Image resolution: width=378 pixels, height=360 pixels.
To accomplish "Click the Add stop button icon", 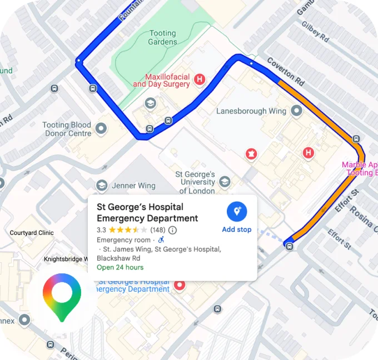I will (x=237, y=211).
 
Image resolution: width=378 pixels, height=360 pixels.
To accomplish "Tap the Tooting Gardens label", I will (x=162, y=38).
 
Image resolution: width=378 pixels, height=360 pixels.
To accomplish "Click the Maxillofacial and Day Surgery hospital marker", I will (x=200, y=81).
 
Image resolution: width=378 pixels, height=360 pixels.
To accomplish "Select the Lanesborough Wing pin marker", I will (x=297, y=111).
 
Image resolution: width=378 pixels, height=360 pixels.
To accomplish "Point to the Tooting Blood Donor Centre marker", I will (x=101, y=129).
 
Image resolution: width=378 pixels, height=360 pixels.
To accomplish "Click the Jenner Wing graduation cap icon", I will (x=101, y=186).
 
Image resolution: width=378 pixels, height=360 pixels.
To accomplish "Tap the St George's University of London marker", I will (x=225, y=182).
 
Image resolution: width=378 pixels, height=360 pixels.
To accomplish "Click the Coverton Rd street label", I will (x=286, y=71).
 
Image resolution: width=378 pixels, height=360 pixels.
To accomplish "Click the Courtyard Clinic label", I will (x=32, y=233).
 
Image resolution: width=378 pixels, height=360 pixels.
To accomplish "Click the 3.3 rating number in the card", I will (x=101, y=229).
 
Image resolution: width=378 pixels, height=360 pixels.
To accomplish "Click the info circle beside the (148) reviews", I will (x=172, y=230).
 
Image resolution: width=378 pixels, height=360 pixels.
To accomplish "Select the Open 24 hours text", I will (x=120, y=267).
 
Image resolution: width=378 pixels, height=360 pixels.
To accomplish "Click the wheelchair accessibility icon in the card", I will (x=161, y=240).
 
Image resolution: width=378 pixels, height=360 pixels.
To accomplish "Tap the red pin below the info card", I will (x=180, y=286).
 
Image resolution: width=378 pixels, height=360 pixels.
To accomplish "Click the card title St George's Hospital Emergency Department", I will (x=147, y=212).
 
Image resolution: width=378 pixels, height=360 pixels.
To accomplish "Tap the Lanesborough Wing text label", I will (x=251, y=111).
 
